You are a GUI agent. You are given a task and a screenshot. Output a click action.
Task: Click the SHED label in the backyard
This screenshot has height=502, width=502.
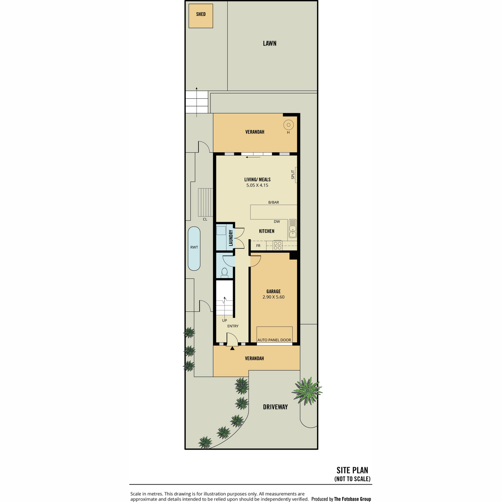pyautogui.click(x=201, y=14)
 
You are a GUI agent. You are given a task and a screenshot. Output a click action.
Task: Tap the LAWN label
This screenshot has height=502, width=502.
pyautogui.click(x=269, y=43)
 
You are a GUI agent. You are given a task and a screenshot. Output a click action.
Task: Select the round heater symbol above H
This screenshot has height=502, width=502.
pyautogui.click(x=288, y=125)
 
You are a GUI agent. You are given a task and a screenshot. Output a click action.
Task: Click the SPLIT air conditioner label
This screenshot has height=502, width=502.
pyautogui.click(x=292, y=174)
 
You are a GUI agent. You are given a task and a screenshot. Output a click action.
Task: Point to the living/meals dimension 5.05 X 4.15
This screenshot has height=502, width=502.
pyautogui.click(x=257, y=185)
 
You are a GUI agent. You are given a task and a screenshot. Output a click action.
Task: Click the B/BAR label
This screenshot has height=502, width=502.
pyautogui.click(x=274, y=202)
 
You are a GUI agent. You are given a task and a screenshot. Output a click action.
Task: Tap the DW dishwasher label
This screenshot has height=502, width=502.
pyautogui.click(x=277, y=221)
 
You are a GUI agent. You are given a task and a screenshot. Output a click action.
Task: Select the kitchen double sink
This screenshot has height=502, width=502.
pyautogui.click(x=292, y=228)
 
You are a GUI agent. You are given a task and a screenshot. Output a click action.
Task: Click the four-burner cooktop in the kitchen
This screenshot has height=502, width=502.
pyautogui.click(x=278, y=246)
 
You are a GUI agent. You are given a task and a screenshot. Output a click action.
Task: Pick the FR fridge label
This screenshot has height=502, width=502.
pyautogui.click(x=258, y=246)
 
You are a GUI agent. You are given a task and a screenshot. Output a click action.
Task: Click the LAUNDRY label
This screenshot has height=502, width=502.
pyautogui.click(x=231, y=238)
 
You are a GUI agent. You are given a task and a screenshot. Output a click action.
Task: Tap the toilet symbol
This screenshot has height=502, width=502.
pyautogui.click(x=224, y=272)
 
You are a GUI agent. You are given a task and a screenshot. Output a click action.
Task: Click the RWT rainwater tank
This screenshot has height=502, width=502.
pyautogui.click(x=194, y=248)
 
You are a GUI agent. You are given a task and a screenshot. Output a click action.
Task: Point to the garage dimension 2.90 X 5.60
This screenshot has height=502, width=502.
pyautogui.click(x=273, y=297)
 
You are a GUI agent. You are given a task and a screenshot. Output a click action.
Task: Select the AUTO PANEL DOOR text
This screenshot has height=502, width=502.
pyautogui.click(x=274, y=340)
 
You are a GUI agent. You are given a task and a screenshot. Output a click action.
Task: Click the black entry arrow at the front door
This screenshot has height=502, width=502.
pyautogui.click(x=232, y=348)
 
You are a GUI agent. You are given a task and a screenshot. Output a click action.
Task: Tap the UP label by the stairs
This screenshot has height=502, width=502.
pyautogui.click(x=224, y=320)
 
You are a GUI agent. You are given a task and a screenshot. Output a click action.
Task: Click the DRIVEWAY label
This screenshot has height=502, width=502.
pyautogui.click(x=275, y=407)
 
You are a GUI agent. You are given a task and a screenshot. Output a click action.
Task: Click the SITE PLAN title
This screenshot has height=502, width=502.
pyautogui.click(x=352, y=470)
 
